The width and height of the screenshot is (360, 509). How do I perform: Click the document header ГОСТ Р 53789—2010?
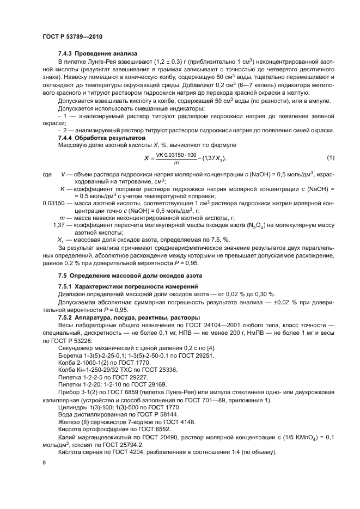(x=72, y=37)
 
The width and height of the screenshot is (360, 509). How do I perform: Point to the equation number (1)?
(x=330, y=158)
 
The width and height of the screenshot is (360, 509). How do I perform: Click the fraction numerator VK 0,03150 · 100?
(x=176, y=155)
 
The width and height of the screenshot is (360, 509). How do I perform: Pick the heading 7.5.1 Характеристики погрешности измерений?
(x=128, y=286)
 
